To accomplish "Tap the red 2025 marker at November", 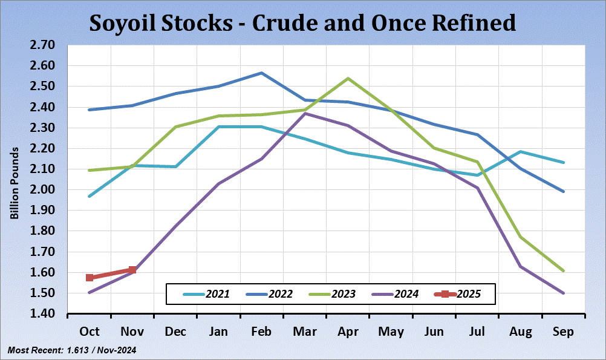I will (x=132, y=270).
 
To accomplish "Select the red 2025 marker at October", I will (x=90, y=278).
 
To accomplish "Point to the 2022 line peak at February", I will (x=261, y=73).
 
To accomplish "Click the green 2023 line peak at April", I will (x=348, y=78).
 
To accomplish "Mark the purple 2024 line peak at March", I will (x=305, y=113).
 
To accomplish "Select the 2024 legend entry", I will (x=397, y=294).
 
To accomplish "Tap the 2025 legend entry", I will (x=458, y=294).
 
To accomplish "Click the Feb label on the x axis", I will (x=261, y=332).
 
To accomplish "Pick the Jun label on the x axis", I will (x=434, y=332).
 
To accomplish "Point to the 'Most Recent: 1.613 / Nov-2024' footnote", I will (x=72, y=350).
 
